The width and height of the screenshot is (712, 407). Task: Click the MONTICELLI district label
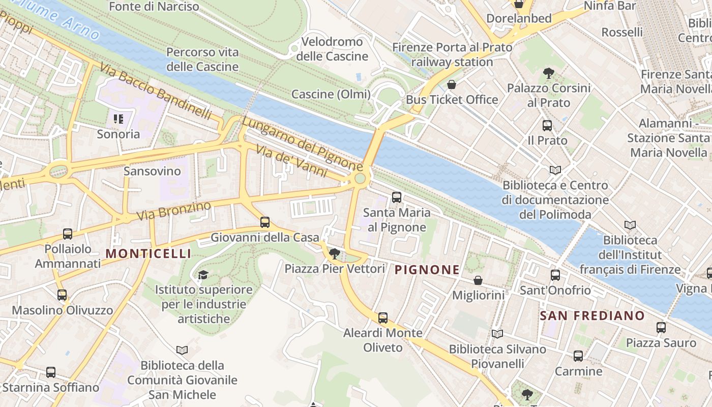click(x=149, y=253)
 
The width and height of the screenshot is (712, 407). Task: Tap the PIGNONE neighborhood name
click(x=427, y=270)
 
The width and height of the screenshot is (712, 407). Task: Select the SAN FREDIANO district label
click(x=592, y=315)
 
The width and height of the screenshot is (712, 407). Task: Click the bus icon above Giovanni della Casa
click(x=265, y=222)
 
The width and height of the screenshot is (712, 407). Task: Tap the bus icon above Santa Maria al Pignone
click(x=397, y=197)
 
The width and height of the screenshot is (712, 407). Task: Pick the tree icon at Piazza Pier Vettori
click(x=334, y=253)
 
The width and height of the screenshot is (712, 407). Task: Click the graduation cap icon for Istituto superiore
click(x=203, y=275)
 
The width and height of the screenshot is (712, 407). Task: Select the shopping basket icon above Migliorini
click(x=478, y=280)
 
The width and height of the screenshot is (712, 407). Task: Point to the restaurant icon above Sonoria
click(x=118, y=119)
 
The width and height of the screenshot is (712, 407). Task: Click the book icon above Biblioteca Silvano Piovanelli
click(x=497, y=334)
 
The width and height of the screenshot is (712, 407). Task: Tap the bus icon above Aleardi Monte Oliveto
click(x=383, y=318)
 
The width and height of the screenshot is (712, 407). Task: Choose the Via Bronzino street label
click(x=173, y=211)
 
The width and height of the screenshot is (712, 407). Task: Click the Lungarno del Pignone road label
click(x=302, y=144)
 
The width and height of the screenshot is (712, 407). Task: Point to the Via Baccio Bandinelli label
click(x=155, y=91)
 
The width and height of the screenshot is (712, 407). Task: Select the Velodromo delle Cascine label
click(x=332, y=49)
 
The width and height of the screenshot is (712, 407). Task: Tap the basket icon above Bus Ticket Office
click(x=452, y=84)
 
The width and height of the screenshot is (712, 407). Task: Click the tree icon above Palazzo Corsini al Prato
click(x=548, y=73)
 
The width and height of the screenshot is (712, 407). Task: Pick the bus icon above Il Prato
click(x=547, y=125)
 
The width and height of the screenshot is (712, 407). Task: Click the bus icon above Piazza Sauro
click(x=661, y=328)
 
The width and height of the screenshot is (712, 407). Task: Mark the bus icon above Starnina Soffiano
click(x=51, y=372)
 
